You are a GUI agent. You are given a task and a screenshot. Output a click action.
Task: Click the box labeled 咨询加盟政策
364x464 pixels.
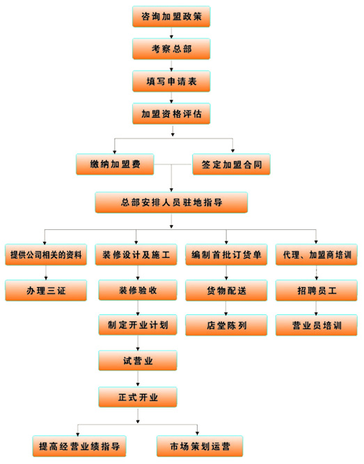tap(171, 16)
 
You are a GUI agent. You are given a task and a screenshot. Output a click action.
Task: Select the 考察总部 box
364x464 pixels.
tap(171, 49)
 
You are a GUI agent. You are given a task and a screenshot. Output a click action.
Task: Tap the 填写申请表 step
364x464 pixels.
tap(171, 81)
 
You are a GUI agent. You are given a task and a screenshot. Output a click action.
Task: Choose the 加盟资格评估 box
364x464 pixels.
tap(171, 114)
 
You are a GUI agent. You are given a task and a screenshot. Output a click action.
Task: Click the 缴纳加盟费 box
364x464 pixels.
tap(115, 164)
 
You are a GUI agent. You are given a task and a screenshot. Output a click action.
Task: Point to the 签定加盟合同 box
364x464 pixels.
tap(231, 164)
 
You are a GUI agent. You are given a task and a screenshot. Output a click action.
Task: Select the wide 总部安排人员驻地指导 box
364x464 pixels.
tap(171, 203)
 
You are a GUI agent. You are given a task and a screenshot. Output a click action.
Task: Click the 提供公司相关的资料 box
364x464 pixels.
tap(46, 254)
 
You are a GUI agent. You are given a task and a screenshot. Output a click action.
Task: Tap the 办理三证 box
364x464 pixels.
tap(46, 291)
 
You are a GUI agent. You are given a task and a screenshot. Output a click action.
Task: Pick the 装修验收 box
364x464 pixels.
tap(138, 291)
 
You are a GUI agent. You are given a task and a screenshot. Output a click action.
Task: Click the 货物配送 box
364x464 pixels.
tap(226, 291)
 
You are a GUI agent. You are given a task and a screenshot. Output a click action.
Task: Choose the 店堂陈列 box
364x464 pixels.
tap(226, 325)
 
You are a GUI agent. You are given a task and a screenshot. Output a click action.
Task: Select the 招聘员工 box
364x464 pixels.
tap(317, 291)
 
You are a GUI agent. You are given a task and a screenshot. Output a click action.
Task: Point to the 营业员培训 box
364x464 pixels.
tap(317, 325)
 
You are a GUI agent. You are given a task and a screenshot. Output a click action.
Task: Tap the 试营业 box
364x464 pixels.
tap(138, 360)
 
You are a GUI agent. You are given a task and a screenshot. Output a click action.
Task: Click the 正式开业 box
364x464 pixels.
tap(138, 397)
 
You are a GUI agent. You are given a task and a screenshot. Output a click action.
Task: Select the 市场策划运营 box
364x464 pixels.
tap(200, 446)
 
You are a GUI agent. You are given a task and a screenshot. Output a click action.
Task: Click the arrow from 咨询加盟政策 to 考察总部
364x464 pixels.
tap(171, 33)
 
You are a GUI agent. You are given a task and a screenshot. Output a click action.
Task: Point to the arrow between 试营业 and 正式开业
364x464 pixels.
tap(138, 379)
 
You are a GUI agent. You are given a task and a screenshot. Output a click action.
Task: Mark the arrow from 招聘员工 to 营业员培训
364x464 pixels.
tap(316, 308)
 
